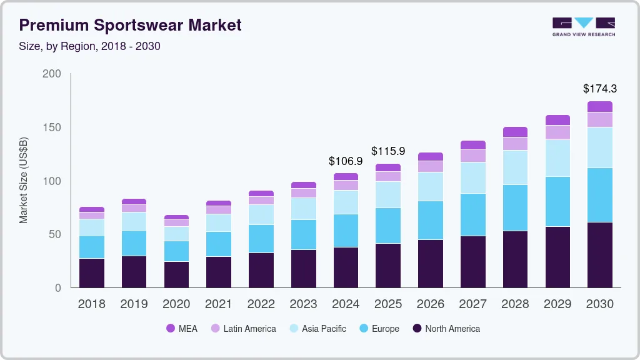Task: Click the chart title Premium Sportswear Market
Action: click(130, 25)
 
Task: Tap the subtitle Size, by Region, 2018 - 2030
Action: click(90, 46)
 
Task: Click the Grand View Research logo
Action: click(583, 26)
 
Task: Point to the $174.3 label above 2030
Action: click(599, 89)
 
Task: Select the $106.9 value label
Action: click(346, 161)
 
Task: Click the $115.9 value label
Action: click(388, 151)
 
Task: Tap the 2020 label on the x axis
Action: click(176, 304)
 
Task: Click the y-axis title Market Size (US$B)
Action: click(24, 180)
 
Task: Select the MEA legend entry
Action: click(182, 329)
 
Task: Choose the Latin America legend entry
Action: click(243, 329)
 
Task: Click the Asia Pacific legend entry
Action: click(317, 329)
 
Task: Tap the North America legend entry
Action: click(446, 329)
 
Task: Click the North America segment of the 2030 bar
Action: click(599, 255)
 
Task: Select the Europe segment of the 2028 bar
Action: click(515, 207)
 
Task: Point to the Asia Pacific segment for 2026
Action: click(430, 186)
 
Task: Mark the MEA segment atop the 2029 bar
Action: click(557, 120)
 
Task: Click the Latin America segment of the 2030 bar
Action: click(599, 119)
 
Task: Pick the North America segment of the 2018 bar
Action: click(92, 273)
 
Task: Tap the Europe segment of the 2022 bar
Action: click(261, 239)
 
